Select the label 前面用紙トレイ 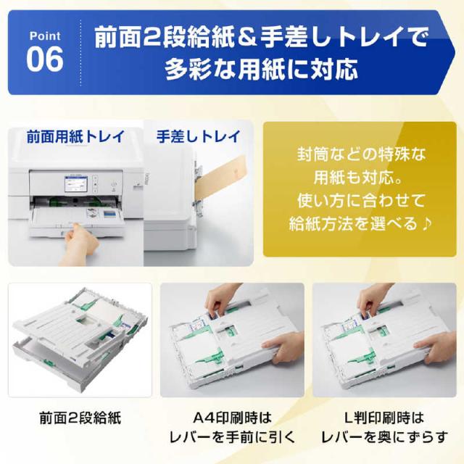point(75,136)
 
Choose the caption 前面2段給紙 point(80,418)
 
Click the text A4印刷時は point(231,418)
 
